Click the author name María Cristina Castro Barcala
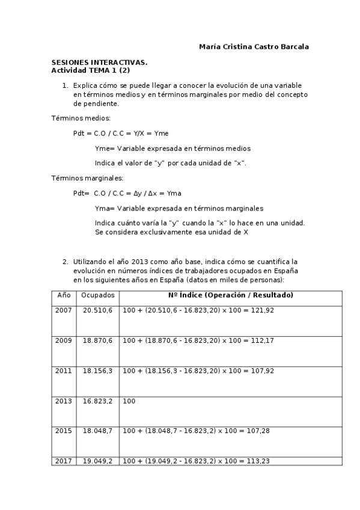[x=254, y=46]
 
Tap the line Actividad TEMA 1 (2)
[x=91, y=70]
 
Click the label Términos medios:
[x=72, y=118]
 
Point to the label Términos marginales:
[x=78, y=178]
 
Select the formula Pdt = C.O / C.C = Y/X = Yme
[x=117, y=133]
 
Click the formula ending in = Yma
[x=127, y=193]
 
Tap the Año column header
[x=64, y=295]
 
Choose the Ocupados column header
[x=97, y=295]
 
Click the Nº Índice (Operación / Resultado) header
[x=231, y=295]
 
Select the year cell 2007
[x=64, y=310]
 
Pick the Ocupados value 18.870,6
[x=97, y=340]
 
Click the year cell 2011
[x=64, y=370]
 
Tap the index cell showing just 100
[x=129, y=401]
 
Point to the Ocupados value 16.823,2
[x=97, y=401]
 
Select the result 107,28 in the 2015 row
[x=257, y=431]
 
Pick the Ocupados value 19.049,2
[x=97, y=461]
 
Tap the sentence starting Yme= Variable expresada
[x=172, y=148]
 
